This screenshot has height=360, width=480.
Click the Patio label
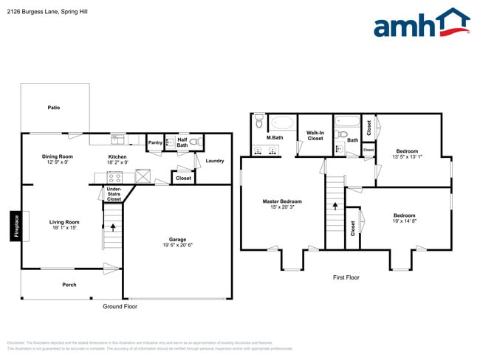pyautogui.click(x=54, y=108)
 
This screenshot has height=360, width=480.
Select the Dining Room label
pyautogui.click(x=57, y=156)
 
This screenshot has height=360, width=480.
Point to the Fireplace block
pyautogui.click(x=14, y=226)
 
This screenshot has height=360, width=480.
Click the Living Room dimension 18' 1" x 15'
pyautogui.click(x=63, y=227)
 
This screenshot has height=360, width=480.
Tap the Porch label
pyautogui.click(x=69, y=285)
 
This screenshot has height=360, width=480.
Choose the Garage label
pyautogui.click(x=177, y=239)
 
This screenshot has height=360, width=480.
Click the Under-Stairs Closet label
pyautogui.click(x=114, y=194)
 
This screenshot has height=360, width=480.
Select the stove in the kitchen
pyautogui.click(x=114, y=177)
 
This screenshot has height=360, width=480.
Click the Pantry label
pyautogui.click(x=155, y=143)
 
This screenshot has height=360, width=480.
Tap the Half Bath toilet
pyautogui.click(x=193, y=142)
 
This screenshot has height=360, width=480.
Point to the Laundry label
pyautogui.click(x=215, y=161)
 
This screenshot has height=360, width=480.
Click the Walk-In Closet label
pyautogui.click(x=315, y=136)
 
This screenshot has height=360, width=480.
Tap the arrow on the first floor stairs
pyautogui.click(x=335, y=208)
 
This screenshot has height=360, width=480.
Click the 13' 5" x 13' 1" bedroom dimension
pyautogui.click(x=407, y=156)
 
